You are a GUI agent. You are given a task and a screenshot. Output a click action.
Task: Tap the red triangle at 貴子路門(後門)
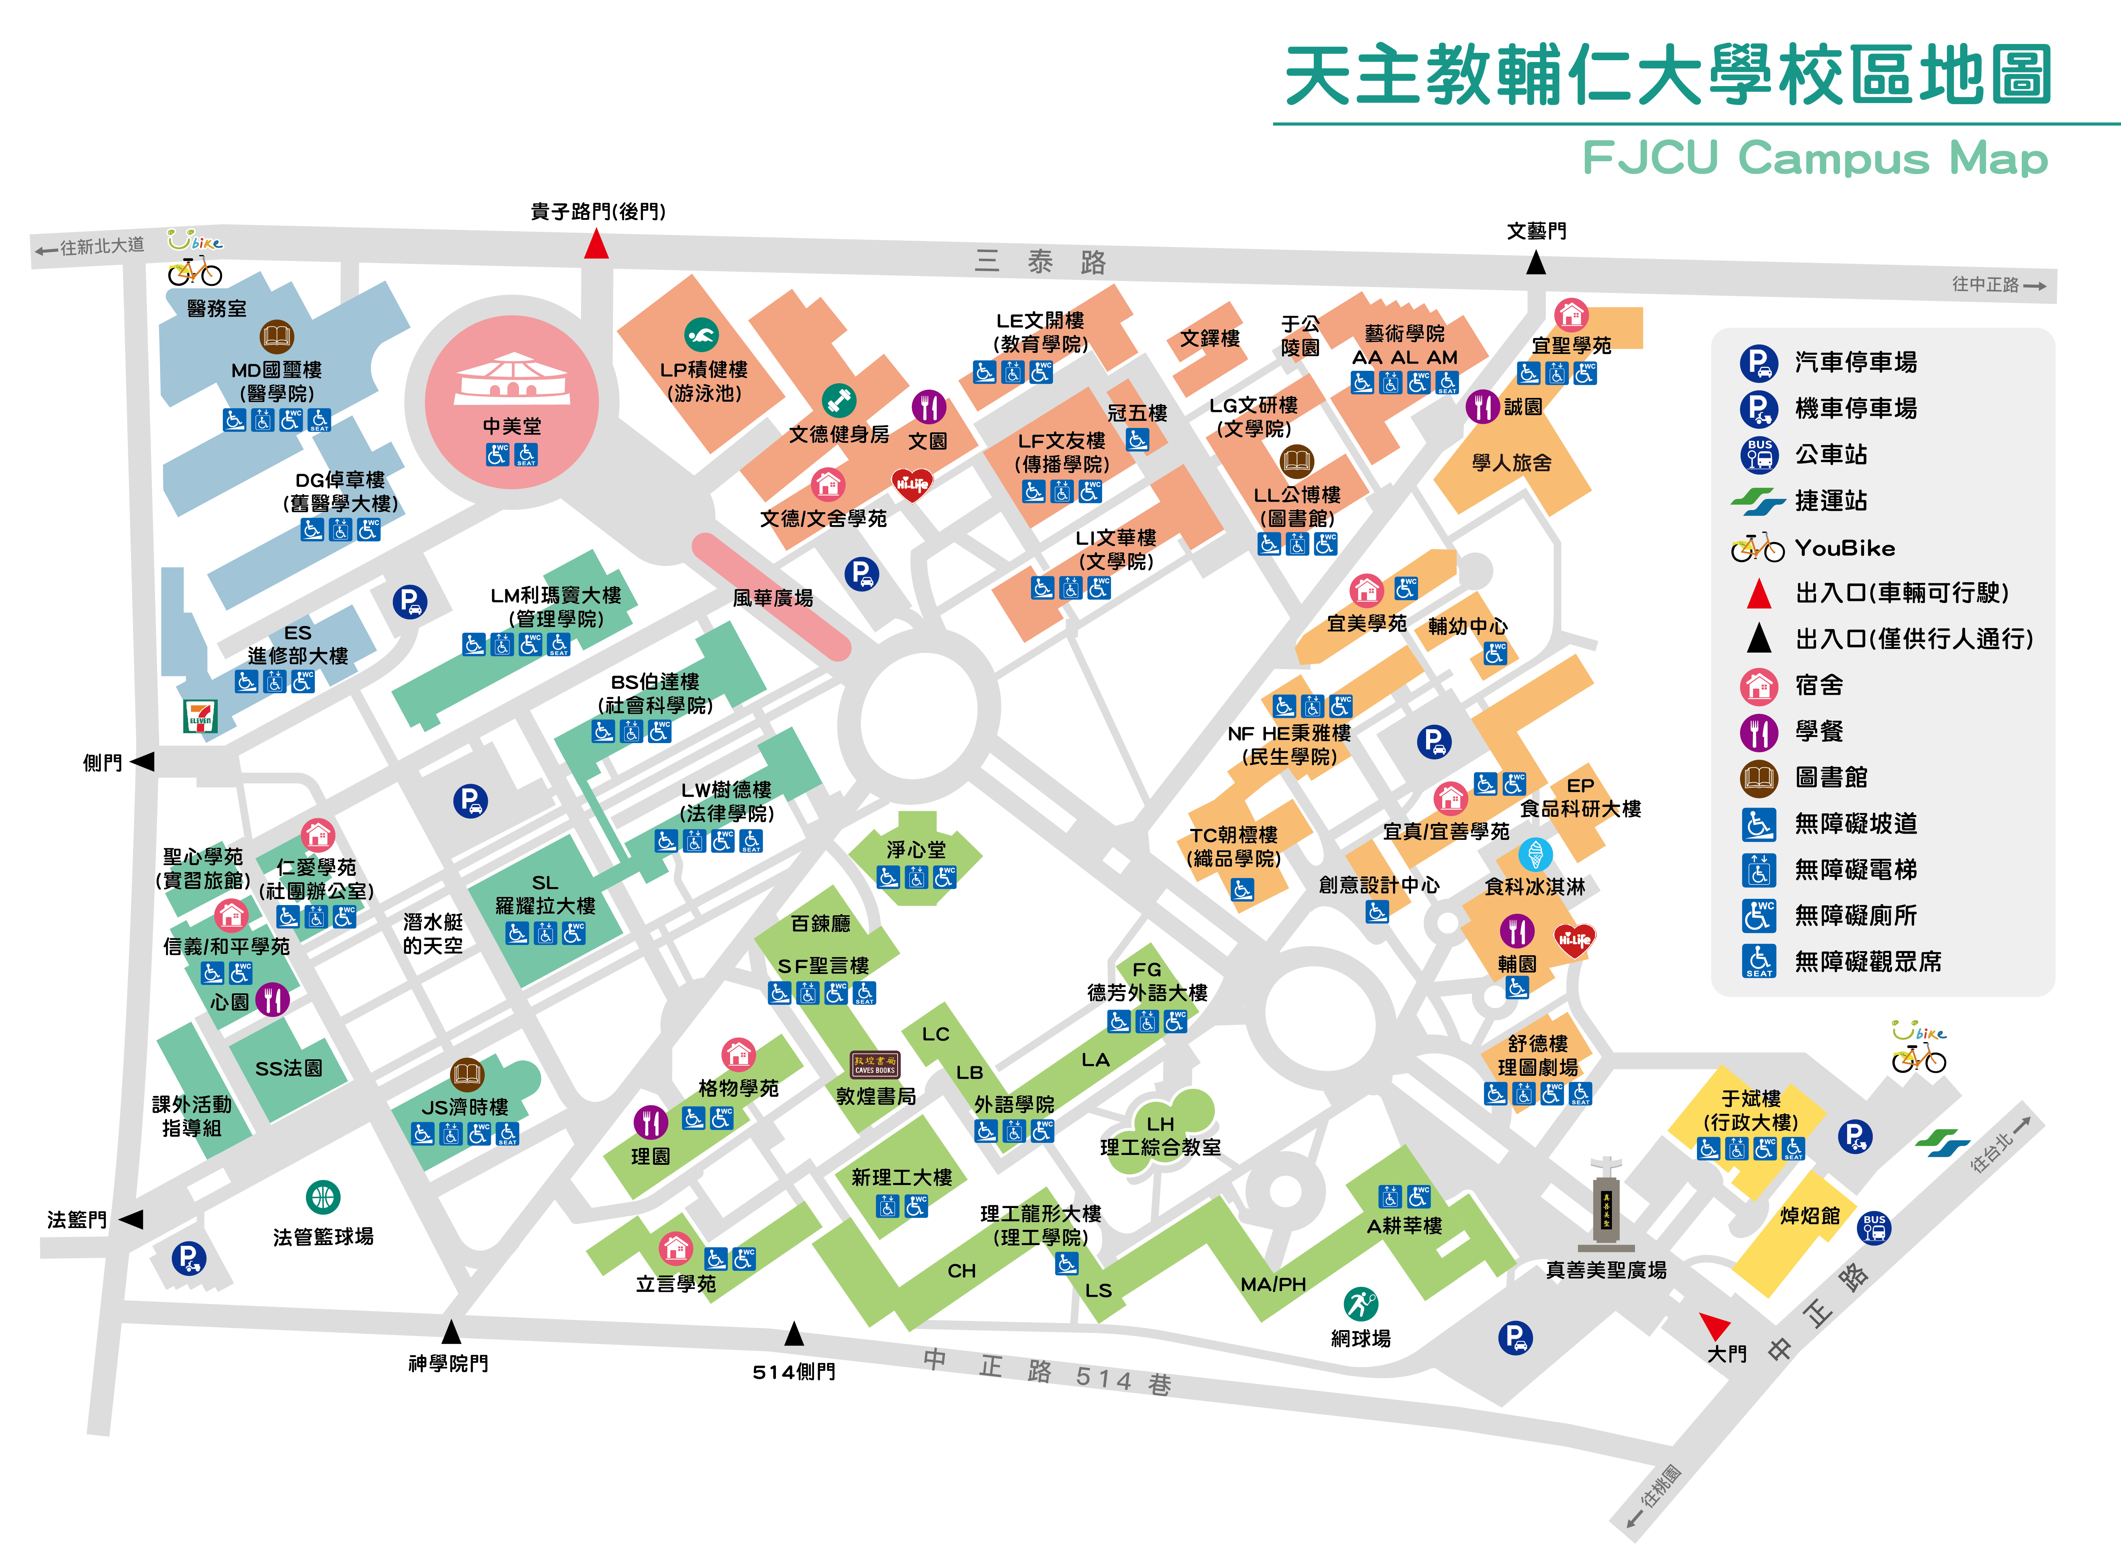coord(596,244)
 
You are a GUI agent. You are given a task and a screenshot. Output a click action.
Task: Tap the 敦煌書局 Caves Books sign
coord(875,1065)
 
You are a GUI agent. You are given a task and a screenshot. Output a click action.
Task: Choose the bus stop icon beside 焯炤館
coord(1874,1228)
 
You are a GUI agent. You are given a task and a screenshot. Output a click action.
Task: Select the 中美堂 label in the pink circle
coord(512,426)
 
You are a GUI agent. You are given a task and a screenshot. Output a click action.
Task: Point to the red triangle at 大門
coord(1715,1325)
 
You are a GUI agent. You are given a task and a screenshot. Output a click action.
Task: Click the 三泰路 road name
coord(1040,261)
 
